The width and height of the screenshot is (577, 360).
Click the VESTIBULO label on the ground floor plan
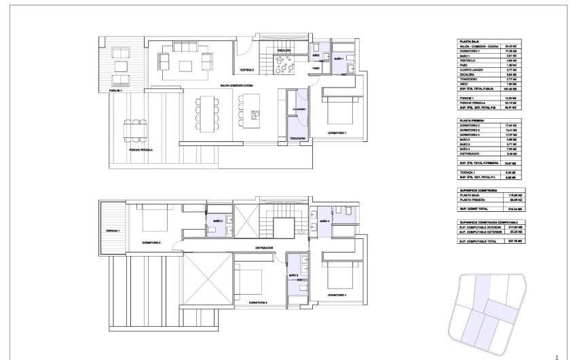tap(245, 71)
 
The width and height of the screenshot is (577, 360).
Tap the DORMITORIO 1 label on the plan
tap(337, 132)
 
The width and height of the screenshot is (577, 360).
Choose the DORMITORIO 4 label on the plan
tap(337, 295)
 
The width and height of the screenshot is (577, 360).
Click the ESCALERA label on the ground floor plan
tap(283, 50)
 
